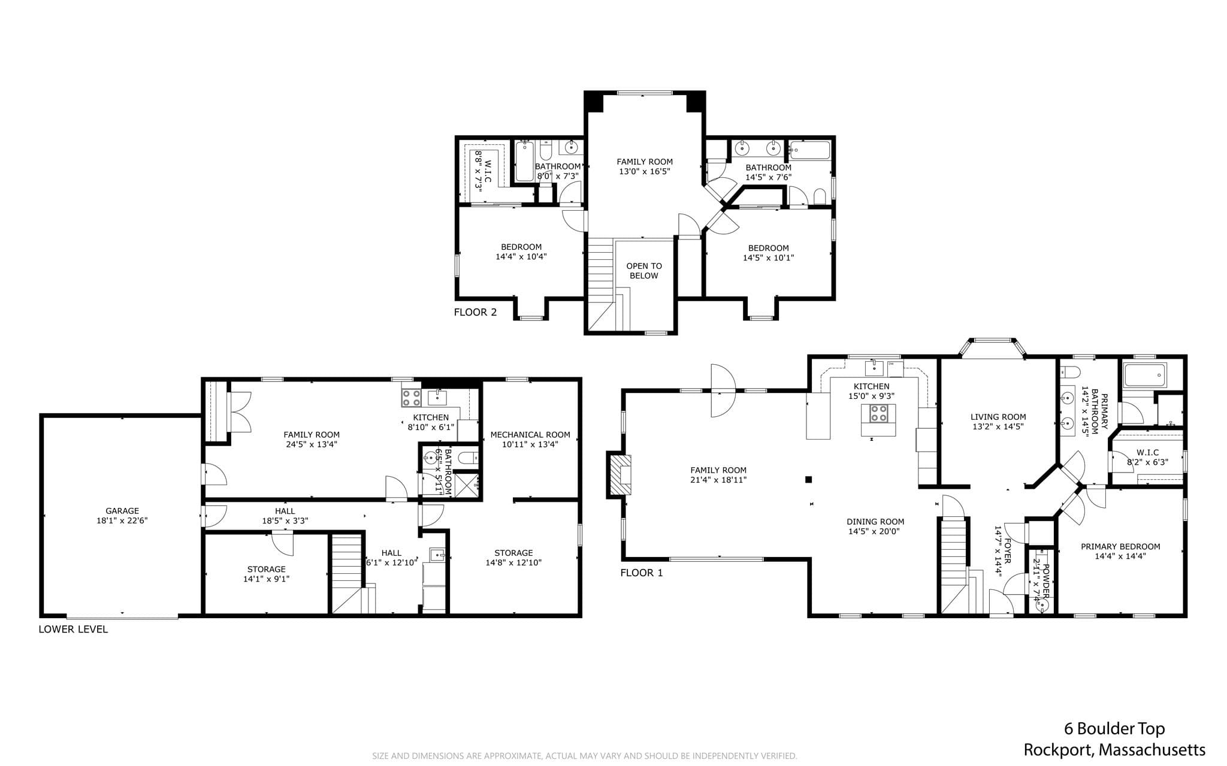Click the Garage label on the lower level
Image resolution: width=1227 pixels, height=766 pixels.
[122, 511]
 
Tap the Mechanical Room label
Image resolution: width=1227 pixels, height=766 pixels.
[530, 435]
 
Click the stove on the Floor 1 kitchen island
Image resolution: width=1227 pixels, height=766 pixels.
[879, 413]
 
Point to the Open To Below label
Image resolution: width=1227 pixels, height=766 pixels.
[644, 271]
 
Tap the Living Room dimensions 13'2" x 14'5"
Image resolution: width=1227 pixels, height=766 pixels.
[998, 426]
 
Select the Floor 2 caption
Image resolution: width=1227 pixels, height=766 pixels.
[475, 312]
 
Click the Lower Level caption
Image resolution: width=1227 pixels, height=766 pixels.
[73, 629]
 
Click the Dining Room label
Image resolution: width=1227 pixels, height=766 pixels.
[875, 522]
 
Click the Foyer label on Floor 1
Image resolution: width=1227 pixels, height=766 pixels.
[1008, 551]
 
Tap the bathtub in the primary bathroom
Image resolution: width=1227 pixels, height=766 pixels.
[1145, 376]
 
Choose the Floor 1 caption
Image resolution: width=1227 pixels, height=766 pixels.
[642, 573]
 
